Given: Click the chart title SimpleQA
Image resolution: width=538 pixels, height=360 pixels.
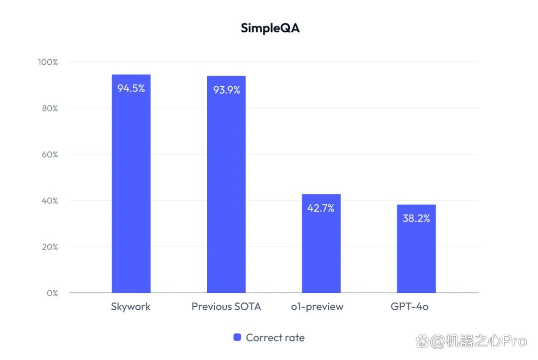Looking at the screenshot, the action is point(270,28).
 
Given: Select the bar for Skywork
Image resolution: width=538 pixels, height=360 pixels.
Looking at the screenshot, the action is point(131,183).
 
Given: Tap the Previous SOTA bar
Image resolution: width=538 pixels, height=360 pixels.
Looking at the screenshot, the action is point(226,184).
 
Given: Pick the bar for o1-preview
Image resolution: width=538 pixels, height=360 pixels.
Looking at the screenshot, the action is point(321,243).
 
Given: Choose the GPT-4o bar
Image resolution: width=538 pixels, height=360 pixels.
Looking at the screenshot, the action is point(416,248).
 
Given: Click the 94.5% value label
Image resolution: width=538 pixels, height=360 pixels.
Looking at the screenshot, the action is point(131,89).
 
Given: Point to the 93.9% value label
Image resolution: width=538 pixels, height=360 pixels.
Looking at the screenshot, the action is point(227,90).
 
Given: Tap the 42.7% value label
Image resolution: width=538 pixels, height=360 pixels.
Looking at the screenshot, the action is point(321,208).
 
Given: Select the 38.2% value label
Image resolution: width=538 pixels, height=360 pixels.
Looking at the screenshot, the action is point(416,219).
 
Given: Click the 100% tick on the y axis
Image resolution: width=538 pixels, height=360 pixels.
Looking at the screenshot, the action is point(48,62).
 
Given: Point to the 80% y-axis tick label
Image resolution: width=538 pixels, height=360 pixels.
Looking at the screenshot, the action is point(50,109).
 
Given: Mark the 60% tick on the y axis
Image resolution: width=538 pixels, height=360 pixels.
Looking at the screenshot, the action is point(50,155).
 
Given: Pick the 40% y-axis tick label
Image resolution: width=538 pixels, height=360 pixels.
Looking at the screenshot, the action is point(50,201).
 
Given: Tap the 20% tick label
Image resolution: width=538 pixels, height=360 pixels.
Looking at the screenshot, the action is point(50,247).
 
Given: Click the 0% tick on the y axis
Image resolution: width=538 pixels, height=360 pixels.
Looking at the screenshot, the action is point(52,293).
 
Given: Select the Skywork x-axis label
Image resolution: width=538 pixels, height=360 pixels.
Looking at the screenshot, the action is point(131,307).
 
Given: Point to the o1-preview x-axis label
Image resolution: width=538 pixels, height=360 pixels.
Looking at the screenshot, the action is point(317,307).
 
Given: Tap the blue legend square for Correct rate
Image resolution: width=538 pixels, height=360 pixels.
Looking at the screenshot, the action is point(237,338).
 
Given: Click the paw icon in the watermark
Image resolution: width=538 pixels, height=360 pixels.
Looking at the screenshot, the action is point(422,341).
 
